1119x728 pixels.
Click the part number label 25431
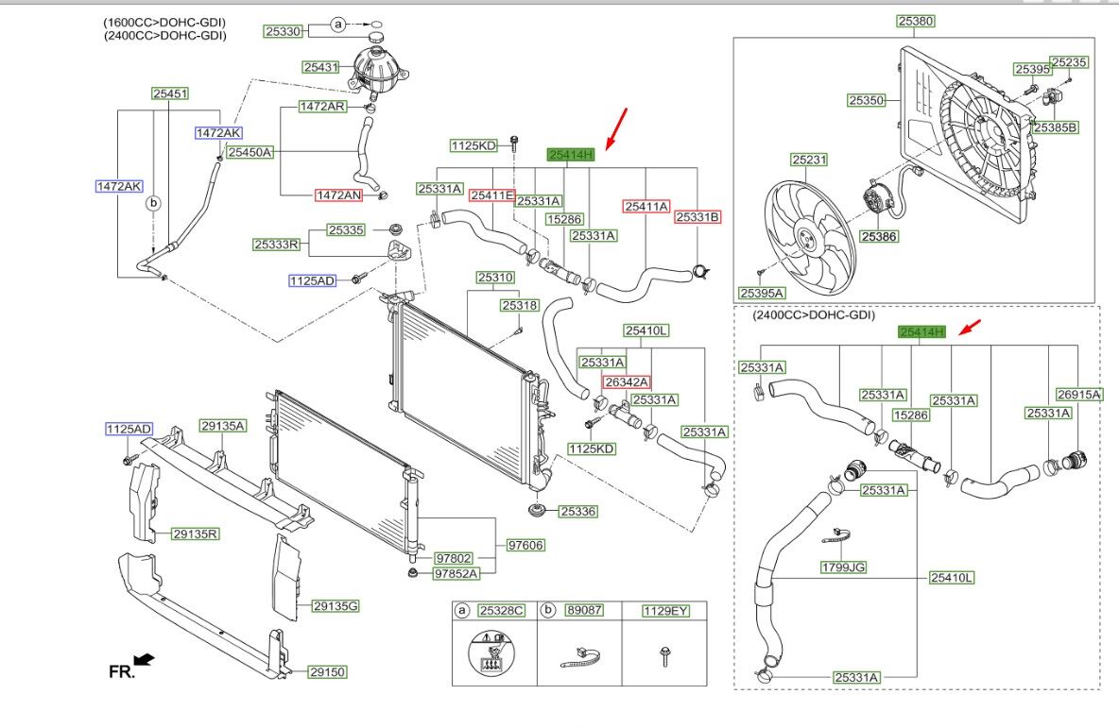pos(320,67)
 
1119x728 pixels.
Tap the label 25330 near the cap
pos(282,31)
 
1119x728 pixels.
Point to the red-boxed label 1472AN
pos(338,195)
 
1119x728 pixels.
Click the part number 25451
pos(171,93)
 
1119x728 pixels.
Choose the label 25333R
pos(276,245)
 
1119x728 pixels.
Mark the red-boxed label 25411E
pos(492,195)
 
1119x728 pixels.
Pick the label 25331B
pos(697,217)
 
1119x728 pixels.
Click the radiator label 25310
pos(494,278)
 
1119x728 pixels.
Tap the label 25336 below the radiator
pos(577,511)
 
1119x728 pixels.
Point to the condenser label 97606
pos(525,545)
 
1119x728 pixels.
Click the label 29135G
pos(336,605)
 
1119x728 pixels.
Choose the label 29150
pos(328,672)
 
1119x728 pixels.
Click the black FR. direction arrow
pos(145,658)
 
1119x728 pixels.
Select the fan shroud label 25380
pos(915,21)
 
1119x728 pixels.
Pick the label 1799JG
pos(843,567)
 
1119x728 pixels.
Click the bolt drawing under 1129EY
pos(665,652)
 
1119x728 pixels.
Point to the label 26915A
pos(1078,395)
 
